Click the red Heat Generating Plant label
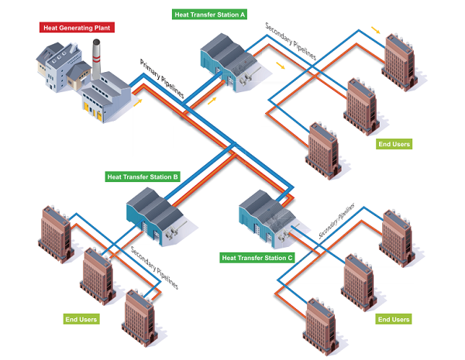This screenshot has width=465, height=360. pos(75,28)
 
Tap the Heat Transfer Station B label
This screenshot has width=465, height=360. pos(143,177)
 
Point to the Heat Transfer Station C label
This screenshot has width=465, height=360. pos(257,258)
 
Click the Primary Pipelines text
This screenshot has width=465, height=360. pos(162,77)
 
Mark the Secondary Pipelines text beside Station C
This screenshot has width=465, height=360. pos(336,221)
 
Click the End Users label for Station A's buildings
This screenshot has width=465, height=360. pos(393,144)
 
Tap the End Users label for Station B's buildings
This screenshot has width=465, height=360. pos(80,318)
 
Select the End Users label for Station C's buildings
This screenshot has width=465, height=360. pos(393,319)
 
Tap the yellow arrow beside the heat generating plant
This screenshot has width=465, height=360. pos(139,101)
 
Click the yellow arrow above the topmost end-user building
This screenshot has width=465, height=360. pos(375,30)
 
